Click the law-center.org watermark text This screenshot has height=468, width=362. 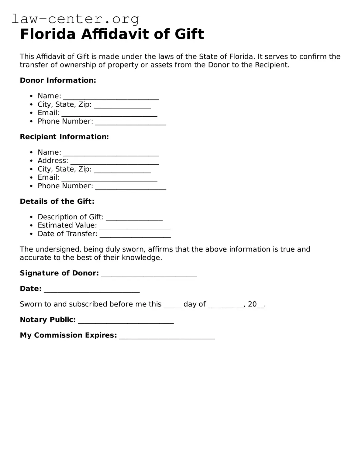75,19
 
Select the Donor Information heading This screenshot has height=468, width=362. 58,80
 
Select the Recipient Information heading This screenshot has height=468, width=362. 64,137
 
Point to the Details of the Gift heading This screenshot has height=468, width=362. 57,201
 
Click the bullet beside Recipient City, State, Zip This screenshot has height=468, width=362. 31,169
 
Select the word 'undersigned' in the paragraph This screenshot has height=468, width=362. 58,249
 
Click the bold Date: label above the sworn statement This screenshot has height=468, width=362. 30,289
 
